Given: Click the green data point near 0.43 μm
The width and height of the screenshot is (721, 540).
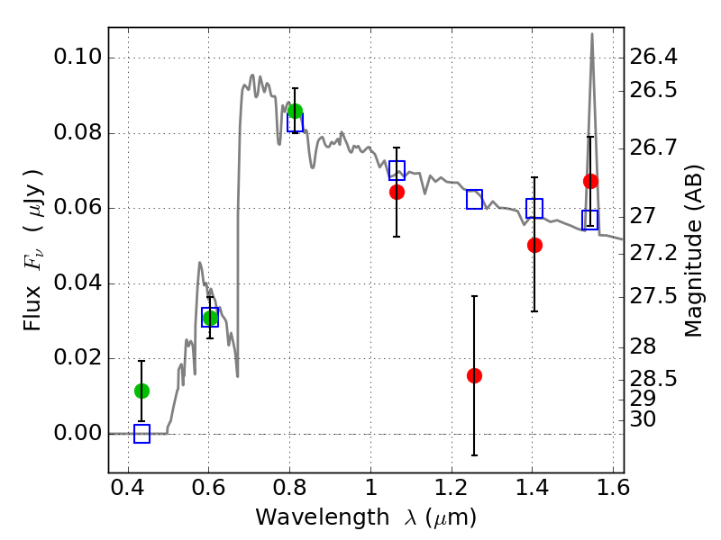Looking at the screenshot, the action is (x=141, y=391).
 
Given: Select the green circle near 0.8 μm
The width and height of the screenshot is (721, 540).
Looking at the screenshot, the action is (x=295, y=111).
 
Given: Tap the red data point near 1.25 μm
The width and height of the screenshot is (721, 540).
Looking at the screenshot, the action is (x=474, y=375).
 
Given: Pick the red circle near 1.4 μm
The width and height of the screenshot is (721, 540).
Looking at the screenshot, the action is (x=534, y=245).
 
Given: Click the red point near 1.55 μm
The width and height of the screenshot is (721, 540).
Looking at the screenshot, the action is (x=590, y=182).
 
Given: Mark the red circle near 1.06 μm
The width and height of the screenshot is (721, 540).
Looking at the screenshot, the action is (x=397, y=192).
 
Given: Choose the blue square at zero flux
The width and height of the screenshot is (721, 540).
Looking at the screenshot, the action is (x=141, y=434).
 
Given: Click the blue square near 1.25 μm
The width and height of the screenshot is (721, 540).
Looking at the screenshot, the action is (x=474, y=199).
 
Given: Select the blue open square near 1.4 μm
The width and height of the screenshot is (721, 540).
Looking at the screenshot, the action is (x=534, y=209).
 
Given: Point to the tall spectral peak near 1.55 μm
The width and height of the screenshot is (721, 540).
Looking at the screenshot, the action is (x=592, y=33).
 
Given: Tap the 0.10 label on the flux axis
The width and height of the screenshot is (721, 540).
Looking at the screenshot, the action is (x=78, y=57).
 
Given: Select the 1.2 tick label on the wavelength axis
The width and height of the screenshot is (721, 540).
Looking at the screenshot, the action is (x=452, y=488).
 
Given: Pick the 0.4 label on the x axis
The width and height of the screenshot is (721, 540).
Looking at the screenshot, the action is (x=128, y=488).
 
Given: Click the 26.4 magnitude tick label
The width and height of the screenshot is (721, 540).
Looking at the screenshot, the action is (x=653, y=57).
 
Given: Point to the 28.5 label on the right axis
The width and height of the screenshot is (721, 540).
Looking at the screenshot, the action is (x=653, y=379).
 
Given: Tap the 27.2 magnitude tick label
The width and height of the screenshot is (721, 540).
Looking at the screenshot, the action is (x=653, y=253).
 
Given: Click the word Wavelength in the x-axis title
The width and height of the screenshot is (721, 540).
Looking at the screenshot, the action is (x=323, y=517).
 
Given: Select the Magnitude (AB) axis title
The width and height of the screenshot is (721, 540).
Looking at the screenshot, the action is (x=693, y=251).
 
